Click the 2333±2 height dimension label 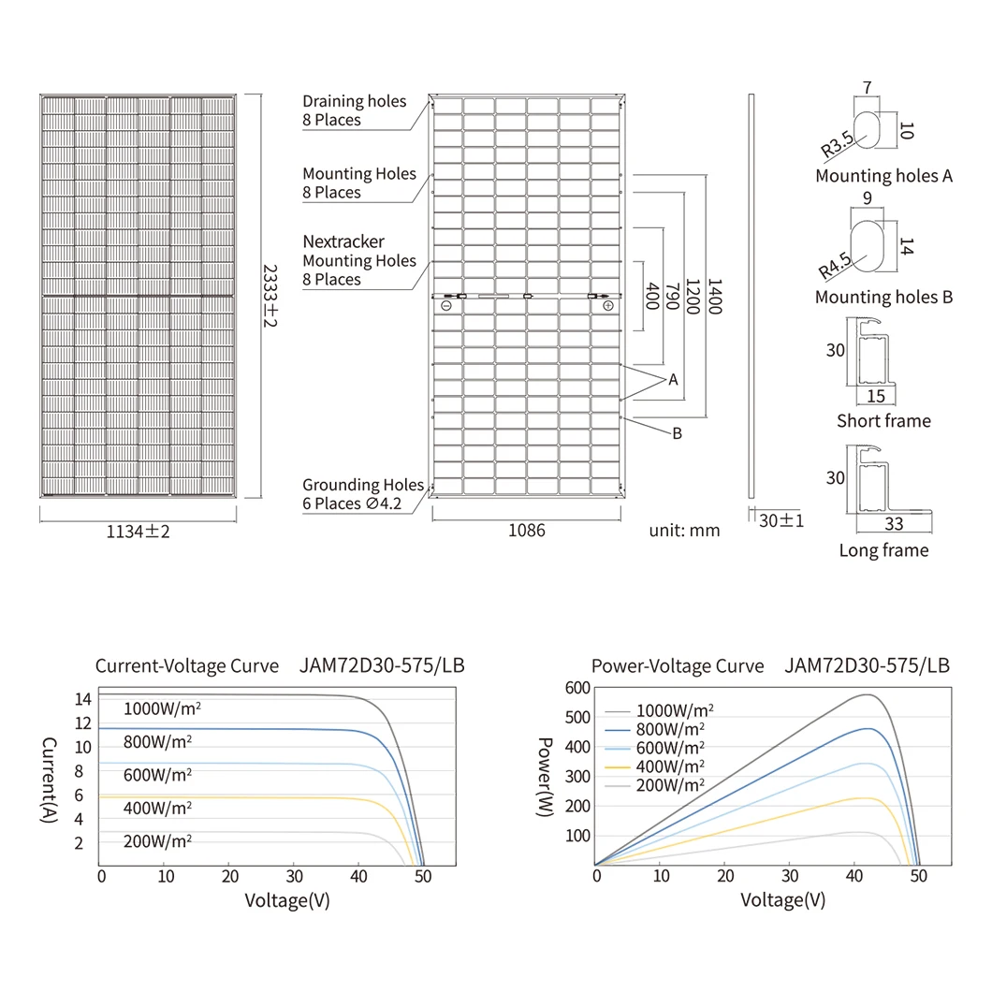(270, 296)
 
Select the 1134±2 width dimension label (138, 532)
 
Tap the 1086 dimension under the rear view (526, 531)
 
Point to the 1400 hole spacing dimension (715, 296)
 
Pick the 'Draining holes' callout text (355, 101)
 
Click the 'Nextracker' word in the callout (343, 241)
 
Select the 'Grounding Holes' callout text (363, 485)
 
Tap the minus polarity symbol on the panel (446, 306)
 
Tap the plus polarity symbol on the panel (608, 306)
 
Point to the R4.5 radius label (835, 267)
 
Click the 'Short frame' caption (883, 421)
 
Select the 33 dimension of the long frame (894, 524)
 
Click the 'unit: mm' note (684, 531)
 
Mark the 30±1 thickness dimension (781, 520)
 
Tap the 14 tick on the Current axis (83, 699)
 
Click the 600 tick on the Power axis (577, 688)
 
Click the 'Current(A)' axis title (50, 780)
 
